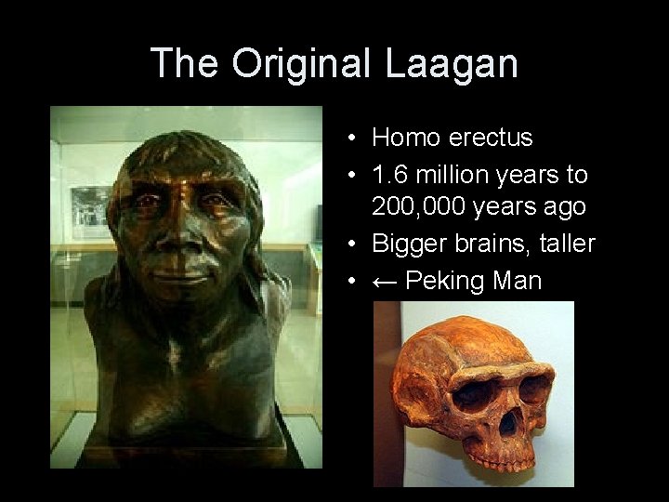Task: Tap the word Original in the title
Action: point(298,64)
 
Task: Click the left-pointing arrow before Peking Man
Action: point(385,280)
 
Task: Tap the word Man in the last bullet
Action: point(516,280)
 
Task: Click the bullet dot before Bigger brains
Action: point(355,244)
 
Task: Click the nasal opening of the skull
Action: point(506,423)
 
